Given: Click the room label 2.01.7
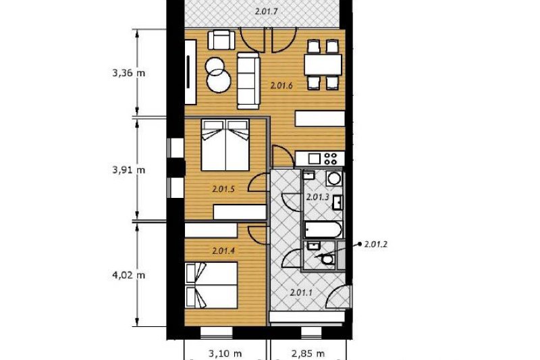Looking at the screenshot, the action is coord(266,11).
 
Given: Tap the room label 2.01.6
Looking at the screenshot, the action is coord(281,86).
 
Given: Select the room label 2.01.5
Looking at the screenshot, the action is coord(223,189).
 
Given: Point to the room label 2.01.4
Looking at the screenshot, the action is coord(223,251).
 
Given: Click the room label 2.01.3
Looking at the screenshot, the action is coord(317,197).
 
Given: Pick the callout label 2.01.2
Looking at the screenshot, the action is coord(376,245).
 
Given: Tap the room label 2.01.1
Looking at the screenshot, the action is coord(301,293).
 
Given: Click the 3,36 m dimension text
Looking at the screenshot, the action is coord(128,73).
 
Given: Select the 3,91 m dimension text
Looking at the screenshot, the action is coord(128,170).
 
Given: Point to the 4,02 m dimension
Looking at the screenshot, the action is coord(128,276).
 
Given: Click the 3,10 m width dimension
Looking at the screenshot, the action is coord(225,353).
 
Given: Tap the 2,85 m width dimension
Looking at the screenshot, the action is coord(308,353).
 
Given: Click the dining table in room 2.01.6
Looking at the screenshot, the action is coord(323,65).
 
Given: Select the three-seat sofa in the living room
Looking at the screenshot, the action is coord(248,80).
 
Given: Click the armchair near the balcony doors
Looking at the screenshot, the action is coord(221,40).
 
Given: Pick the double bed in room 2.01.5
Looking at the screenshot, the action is coord(225,145).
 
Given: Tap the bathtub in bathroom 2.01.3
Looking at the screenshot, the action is coord(323,230).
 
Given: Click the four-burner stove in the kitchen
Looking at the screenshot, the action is coord(331,159).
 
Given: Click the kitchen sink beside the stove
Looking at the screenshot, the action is coord(315,159).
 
